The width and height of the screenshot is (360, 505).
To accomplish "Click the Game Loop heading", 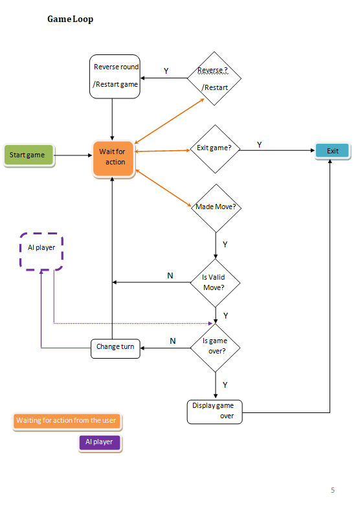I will click(70, 19).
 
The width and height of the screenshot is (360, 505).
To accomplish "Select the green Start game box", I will click(28, 155).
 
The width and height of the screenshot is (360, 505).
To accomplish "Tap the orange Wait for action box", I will click(113, 157).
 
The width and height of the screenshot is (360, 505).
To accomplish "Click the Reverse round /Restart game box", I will click(115, 76).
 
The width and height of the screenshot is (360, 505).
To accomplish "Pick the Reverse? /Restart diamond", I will click(214, 78).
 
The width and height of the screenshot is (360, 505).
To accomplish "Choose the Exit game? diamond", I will click(214, 149).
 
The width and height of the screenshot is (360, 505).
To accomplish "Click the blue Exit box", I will click(333, 151).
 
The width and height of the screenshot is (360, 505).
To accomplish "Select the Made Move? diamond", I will click(215, 207).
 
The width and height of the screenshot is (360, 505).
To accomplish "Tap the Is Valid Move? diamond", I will click(215, 282).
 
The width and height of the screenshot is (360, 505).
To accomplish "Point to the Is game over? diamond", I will click(215, 348).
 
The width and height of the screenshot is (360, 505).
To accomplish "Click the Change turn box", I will click(115, 348).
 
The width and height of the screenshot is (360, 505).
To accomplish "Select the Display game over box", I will click(214, 411).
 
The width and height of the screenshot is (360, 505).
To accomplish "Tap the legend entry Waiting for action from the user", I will click(67, 421).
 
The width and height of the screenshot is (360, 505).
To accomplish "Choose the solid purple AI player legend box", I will click(99, 442).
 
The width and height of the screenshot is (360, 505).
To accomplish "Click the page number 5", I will click(333, 490).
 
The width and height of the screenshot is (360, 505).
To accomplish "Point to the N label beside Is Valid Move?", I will click(170, 276).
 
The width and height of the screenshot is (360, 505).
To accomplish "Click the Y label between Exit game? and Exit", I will click(259, 145).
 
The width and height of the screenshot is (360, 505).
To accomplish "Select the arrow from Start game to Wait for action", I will click(73, 155).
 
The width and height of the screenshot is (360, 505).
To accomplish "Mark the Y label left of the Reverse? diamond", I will click(166, 71).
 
